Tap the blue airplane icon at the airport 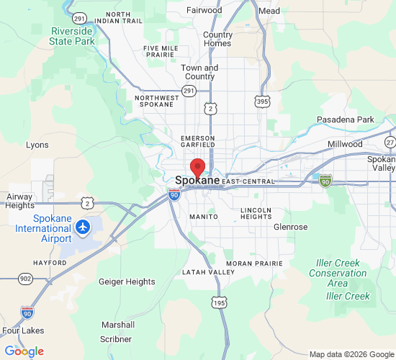[84, 228]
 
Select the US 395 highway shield [263, 102]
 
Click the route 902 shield [26, 278]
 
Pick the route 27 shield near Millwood [390, 142]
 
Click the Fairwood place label [204, 11]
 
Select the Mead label [269, 11]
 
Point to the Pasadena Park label [346, 120]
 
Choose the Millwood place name [345, 144]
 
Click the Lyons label [37, 145]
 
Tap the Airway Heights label [19, 201]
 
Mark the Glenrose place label [290, 227]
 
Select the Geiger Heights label [126, 282]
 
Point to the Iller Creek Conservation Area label [338, 273]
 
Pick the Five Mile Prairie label [161, 51]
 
